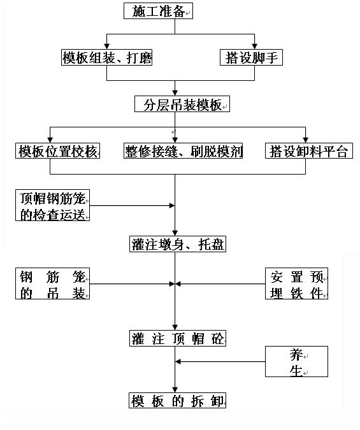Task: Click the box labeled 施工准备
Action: pyautogui.click(x=158, y=11)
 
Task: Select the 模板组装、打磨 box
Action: pyautogui.click(x=107, y=57)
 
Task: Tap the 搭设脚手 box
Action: pyautogui.click(x=251, y=57)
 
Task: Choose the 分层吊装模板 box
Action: pyautogui.click(x=182, y=104)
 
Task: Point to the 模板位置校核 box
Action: pyautogui.click(x=57, y=150)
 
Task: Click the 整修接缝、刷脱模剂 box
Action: pyautogui.click(x=184, y=150)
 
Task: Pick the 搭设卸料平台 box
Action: pyautogui.click(x=309, y=150)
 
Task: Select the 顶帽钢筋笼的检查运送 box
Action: pyautogui.click(x=53, y=205)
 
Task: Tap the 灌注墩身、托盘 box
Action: pyautogui.click(x=178, y=244)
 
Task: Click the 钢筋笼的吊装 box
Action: pyautogui.click(x=53, y=283)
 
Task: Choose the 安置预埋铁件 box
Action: pyautogui.click(x=297, y=283)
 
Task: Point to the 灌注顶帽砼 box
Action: pyautogui.click(x=178, y=338)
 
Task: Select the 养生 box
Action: pyautogui.click(x=297, y=361)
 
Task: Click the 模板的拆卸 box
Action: pyautogui.click(x=178, y=401)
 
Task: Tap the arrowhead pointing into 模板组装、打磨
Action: pyautogui.click(x=107, y=47)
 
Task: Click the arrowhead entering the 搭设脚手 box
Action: pyautogui.click(x=255, y=47)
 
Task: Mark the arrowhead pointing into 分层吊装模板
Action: pyautogui.click(x=175, y=93)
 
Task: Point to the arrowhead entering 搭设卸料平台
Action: pyautogui.click(x=305, y=140)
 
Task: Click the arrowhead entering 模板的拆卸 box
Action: pyautogui.click(x=175, y=390)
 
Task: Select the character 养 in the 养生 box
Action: pyautogui.click(x=296, y=355)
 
